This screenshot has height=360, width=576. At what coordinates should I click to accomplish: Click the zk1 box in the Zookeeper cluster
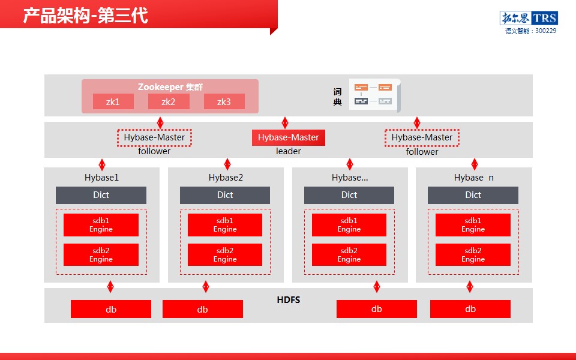point(113,101)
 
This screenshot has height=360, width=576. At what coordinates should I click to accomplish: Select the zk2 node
point(169,101)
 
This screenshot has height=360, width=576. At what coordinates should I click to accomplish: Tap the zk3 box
point(224,101)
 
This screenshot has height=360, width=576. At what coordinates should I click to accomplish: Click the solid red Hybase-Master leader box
point(289,137)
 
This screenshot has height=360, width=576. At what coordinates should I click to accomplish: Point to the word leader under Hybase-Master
point(289,151)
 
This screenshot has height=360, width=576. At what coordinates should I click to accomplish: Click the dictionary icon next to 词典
point(374,95)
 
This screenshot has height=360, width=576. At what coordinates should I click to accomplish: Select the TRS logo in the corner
point(529,17)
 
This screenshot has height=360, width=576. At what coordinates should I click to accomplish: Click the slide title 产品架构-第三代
point(86,16)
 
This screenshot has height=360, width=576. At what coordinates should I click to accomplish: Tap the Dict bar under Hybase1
point(101,195)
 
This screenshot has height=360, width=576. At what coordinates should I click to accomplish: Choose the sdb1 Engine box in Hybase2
point(225,225)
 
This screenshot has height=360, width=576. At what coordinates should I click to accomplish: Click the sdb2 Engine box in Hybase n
point(473,254)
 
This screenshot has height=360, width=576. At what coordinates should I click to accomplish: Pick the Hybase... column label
point(350,178)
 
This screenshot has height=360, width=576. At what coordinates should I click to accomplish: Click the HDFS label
point(289,300)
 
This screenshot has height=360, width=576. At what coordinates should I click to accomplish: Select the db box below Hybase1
point(111,309)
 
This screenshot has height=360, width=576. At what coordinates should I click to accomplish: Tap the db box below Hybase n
point(470,309)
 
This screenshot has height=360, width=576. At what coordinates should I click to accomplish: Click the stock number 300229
point(546,31)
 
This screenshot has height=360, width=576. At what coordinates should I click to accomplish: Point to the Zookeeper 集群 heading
point(170,87)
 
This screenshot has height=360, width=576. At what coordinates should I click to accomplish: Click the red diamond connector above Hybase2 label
point(227,164)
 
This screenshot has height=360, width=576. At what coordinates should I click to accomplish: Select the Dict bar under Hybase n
point(473,195)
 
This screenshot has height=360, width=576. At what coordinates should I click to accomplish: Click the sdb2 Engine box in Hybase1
point(101,254)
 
